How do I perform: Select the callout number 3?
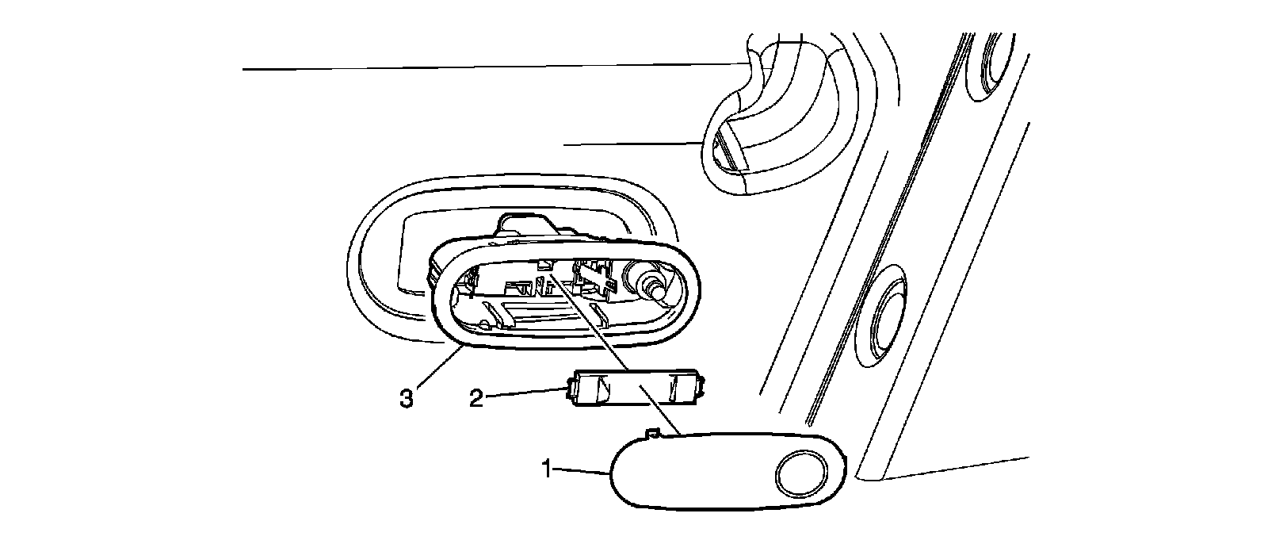point(407,397)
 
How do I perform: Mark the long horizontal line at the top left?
point(491,67)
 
